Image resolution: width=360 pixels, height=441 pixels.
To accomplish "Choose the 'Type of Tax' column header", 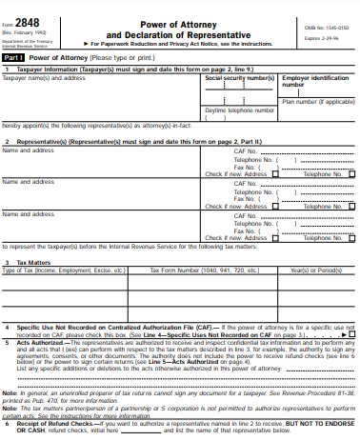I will [x=65, y=270].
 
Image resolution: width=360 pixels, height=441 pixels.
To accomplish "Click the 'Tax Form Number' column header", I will [x=189, y=270].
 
